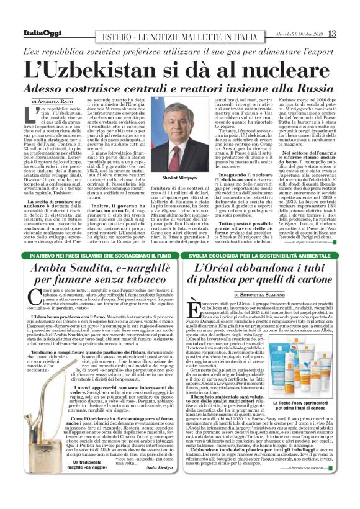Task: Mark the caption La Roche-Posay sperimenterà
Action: tap(307, 405)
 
